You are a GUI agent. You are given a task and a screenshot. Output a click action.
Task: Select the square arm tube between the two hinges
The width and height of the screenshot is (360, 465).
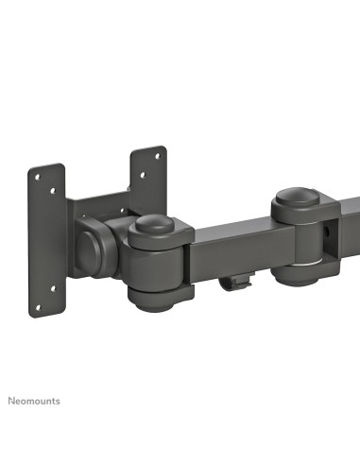click(231, 246)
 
